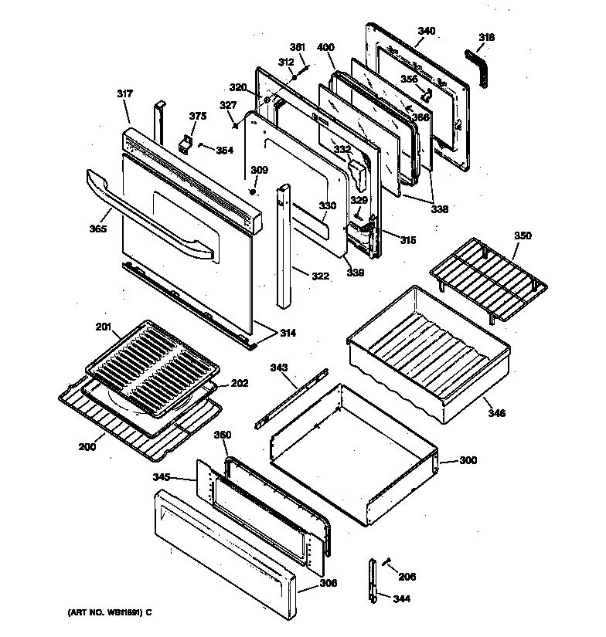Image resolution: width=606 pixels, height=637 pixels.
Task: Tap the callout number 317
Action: pos(125,94)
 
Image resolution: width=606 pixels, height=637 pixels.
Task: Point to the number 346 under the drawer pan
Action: pos(496,414)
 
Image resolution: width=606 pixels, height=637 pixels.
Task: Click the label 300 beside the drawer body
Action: pos(468,460)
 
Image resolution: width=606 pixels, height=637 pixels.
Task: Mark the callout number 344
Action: pos(401,598)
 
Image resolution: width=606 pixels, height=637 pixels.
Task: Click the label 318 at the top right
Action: pos(487,37)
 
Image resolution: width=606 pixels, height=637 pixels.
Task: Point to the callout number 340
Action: pos(427,31)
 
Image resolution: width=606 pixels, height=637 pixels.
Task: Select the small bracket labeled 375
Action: pos(185,144)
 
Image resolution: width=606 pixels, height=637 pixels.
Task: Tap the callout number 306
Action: pos(329,583)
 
